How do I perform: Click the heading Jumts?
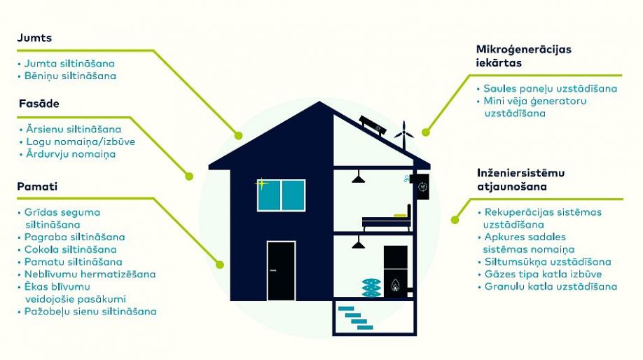pos(34,38)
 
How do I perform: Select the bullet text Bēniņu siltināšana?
pos(70,76)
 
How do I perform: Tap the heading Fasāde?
pos(39,104)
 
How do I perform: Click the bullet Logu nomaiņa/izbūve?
pos(81,142)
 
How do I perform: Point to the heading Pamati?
pos(37,186)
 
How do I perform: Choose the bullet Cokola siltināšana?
pos(70,249)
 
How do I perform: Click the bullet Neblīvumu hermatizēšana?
pos(90,274)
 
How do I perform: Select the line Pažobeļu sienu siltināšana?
pos(90,311)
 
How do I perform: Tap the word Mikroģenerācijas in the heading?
pos(524,50)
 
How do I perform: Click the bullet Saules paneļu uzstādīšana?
pos(550,88)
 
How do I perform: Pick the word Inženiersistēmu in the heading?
pos(521,173)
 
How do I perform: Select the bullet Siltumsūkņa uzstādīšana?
pos(548,261)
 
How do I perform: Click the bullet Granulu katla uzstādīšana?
pos(551,286)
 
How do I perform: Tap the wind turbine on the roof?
pos(404,135)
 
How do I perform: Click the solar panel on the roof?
pos(373,126)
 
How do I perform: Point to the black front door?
pos(281,270)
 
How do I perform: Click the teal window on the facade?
pos(282,195)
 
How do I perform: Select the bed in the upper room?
pos(387,219)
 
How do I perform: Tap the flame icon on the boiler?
pos(395,284)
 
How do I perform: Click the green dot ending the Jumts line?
pos(238,135)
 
